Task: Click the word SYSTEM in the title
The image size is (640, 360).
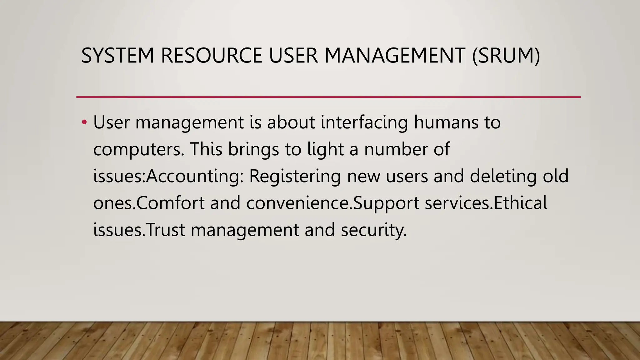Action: (x=118, y=56)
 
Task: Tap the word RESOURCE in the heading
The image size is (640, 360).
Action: (x=212, y=56)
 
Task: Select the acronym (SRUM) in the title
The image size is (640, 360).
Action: (x=506, y=56)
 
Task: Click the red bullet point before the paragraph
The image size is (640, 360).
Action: (x=84, y=122)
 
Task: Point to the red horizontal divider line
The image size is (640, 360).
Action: (x=328, y=97)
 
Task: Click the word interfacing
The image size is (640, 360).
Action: (x=364, y=122)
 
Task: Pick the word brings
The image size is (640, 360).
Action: (x=253, y=149)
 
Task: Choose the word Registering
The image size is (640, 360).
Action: (x=295, y=176)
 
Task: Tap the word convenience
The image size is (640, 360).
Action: (x=299, y=203)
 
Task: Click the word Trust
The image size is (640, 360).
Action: (x=166, y=230)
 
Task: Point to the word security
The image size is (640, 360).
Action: (x=374, y=231)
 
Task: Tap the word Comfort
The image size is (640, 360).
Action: (x=170, y=203)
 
